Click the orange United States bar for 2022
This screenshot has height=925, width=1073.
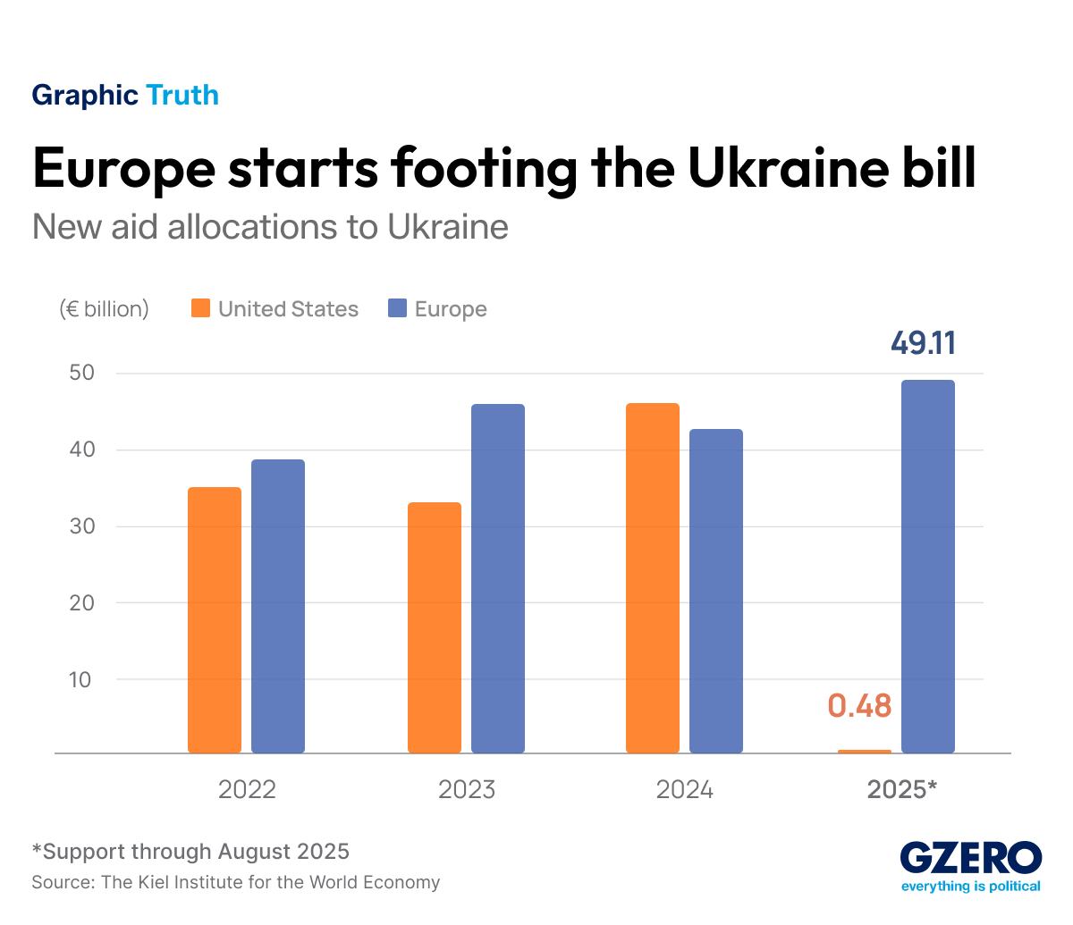[215, 620]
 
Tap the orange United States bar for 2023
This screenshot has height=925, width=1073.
[435, 627]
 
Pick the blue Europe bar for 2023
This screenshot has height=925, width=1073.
[498, 578]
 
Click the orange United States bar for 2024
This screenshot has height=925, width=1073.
[653, 578]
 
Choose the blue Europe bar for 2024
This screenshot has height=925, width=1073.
[716, 591]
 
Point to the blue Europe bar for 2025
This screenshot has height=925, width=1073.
[928, 567]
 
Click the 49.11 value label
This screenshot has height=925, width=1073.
[923, 343]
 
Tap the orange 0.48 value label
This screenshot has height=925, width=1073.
[859, 706]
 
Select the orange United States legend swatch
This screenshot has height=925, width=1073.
[201, 309]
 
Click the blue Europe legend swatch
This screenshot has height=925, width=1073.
[398, 309]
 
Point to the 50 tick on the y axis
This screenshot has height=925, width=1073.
[80, 373]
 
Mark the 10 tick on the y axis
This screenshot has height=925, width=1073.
[80, 679]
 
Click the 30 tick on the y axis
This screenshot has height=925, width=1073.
[80, 526]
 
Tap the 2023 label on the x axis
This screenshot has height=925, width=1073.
[466, 790]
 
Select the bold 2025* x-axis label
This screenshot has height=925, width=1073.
[902, 790]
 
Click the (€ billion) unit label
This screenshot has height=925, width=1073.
[104, 309]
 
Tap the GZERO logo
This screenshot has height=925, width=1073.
[970, 860]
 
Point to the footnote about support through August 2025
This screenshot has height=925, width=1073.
[190, 852]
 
